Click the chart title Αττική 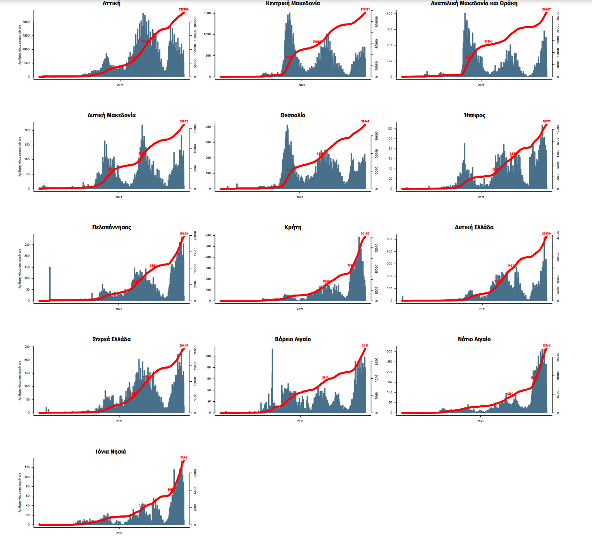[112, 3]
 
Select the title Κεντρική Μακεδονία [293, 3]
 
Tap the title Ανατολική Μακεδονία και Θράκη [474, 3]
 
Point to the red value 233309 [184, 9]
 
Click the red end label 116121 [365, 9]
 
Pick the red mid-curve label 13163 [488, 41]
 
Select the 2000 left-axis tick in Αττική [26, 22]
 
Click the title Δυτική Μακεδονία [112, 115]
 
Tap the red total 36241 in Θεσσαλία [365, 122]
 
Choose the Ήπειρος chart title [474, 115]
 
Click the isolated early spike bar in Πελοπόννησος [50, 283]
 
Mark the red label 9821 [153, 265]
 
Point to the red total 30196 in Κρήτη [365, 234]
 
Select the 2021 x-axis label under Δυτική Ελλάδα [482, 309]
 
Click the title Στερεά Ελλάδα [112, 339]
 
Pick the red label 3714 [325, 377]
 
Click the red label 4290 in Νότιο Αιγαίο [510, 393]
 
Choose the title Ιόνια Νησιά [111, 452]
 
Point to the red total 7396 [184, 457]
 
